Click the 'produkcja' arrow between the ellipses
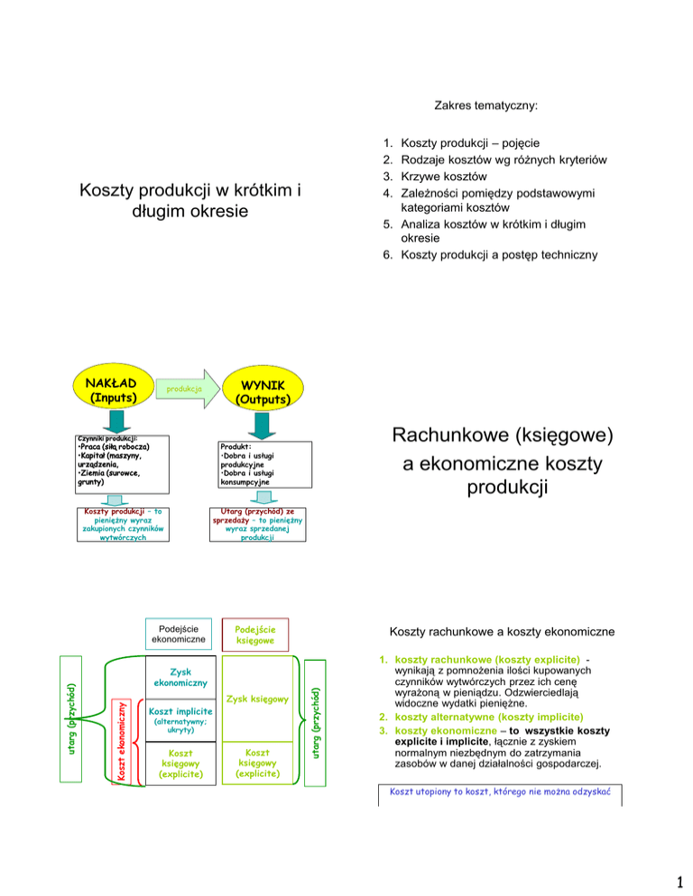coord(180,389)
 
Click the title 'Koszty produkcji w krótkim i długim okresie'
coord(189,204)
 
